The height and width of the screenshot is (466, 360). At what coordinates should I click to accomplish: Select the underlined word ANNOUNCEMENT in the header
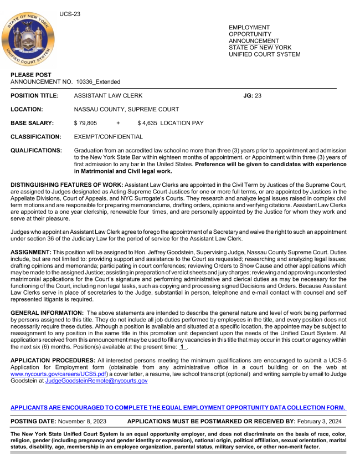coord(254,41)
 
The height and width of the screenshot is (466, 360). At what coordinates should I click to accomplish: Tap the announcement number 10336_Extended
coord(98,82)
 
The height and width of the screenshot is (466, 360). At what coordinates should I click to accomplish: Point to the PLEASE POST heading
coord(31,75)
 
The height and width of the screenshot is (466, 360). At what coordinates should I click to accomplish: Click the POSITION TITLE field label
coord(34,96)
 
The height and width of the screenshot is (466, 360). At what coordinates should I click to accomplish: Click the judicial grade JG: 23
coord(252,96)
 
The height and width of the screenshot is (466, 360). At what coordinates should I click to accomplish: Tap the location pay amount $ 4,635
coord(148,123)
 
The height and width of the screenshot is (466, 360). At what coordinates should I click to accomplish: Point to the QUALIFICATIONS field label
coord(37,150)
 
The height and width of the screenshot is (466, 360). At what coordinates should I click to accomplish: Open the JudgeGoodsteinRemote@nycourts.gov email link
coord(96,381)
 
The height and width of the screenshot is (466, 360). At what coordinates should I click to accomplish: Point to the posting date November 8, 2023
coord(88,421)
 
